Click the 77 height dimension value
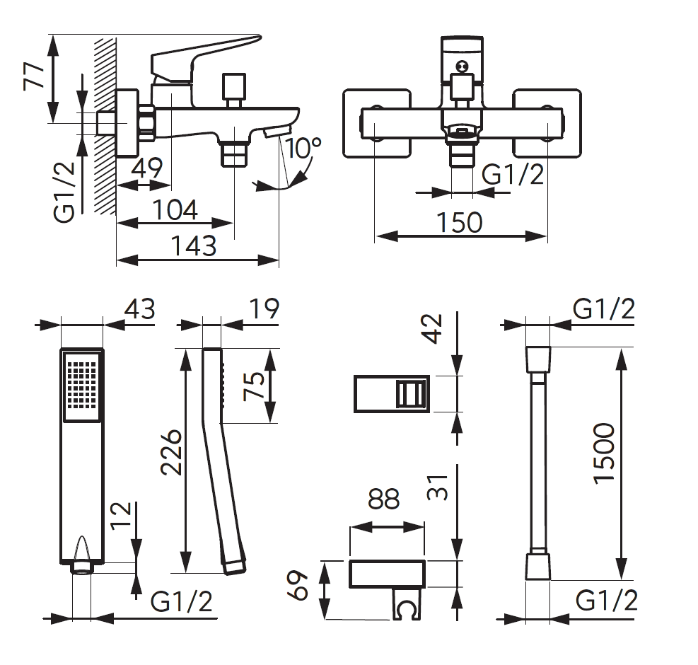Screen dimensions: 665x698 33,74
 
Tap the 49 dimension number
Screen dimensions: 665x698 149,168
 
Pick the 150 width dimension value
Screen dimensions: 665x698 459,221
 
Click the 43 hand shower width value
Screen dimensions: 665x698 139,309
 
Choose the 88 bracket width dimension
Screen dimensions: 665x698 384,499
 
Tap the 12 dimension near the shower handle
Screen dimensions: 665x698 121,517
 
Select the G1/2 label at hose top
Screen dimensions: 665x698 603,309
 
